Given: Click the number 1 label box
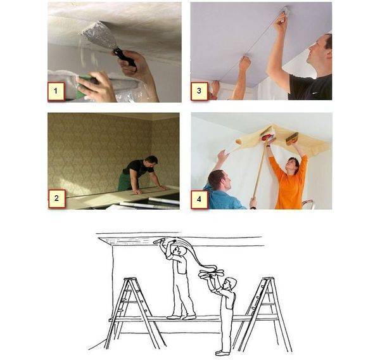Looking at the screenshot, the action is click(x=56, y=91).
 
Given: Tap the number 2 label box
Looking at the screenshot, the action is click(x=57, y=198).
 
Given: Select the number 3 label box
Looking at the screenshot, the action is click(x=199, y=91).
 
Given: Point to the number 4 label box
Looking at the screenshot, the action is click(x=199, y=200).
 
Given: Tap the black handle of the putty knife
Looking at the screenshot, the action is click(x=124, y=57).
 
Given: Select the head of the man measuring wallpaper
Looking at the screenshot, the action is click(x=151, y=161).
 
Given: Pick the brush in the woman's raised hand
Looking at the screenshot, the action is click(x=292, y=139).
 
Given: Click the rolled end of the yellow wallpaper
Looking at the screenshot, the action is click(x=239, y=141).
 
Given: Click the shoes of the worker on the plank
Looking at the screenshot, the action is click(x=181, y=317).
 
